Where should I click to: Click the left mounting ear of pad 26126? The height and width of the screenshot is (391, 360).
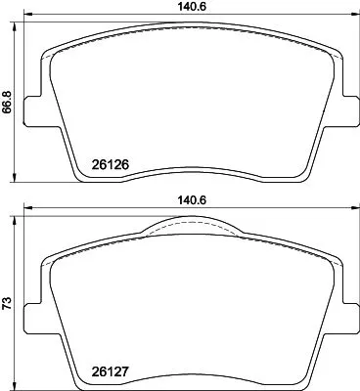[x=31, y=113]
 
